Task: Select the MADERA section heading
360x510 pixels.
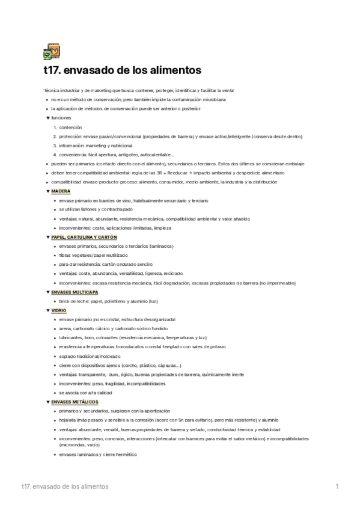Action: coord(61,191)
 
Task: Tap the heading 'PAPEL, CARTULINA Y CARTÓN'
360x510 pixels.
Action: coord(84,237)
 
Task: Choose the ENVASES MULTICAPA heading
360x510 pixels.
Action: coord(75,292)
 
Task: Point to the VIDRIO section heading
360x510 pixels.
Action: coord(59,310)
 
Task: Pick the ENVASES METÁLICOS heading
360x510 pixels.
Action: coord(75,401)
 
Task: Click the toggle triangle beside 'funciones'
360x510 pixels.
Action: coord(47,118)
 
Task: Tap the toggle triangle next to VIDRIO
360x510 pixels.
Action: coord(47,310)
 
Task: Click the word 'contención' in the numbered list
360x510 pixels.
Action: coord(70,127)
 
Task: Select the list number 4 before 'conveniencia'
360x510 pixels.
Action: coord(55,155)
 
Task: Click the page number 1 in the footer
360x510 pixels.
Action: coord(337,486)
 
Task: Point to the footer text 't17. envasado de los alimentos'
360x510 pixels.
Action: coord(64,486)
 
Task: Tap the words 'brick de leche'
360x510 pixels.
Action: coord(73,301)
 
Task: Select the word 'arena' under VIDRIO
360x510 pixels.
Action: coord(64,328)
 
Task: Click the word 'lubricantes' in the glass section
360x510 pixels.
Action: coord(70,337)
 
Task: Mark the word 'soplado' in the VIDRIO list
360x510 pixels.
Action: coord(67,356)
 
